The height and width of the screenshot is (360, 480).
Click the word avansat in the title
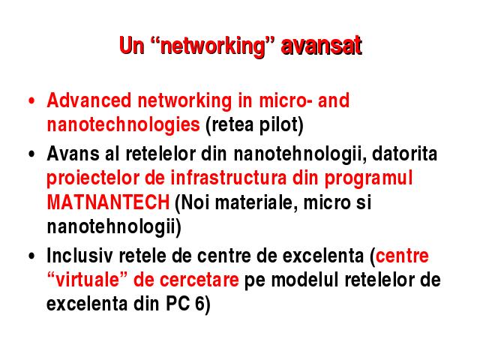pos(322,46)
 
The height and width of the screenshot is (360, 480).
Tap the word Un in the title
pos(132,46)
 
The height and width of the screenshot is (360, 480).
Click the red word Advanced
pos(89,100)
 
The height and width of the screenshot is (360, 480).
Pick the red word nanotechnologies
pos(123,125)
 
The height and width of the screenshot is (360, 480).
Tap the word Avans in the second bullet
pos(73,153)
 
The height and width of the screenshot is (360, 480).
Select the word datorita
pos(404,153)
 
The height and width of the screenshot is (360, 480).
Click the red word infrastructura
pos(228,178)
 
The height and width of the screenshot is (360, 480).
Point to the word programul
pos(368,179)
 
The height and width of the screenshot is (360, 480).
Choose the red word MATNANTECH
pos(108,202)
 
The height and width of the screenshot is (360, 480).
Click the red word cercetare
pos(199,280)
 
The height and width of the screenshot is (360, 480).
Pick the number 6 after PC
pos(199,304)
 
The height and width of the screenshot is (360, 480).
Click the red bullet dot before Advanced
pos(31,100)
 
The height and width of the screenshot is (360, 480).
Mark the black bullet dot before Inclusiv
pos(31,256)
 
